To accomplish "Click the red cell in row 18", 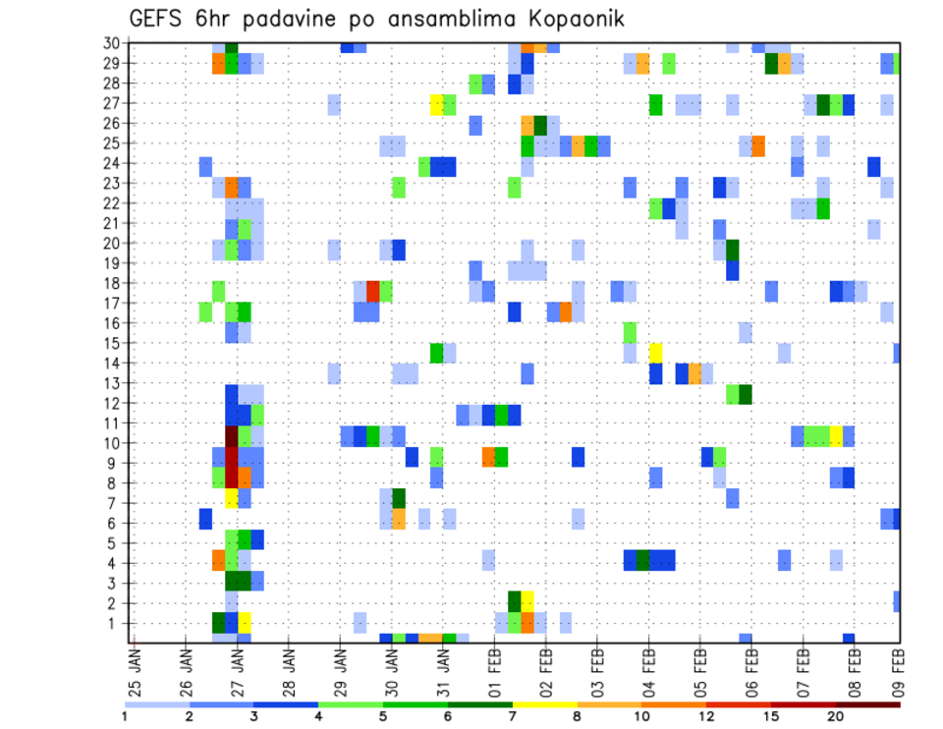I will click(x=373, y=291).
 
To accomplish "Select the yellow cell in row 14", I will click(x=655, y=352).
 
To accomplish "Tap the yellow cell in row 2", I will click(x=527, y=601).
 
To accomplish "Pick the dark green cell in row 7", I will click(x=399, y=498).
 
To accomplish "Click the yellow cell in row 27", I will click(x=437, y=104).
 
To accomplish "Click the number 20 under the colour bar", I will click(x=835, y=716).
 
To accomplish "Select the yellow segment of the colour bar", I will click(x=544, y=703).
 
